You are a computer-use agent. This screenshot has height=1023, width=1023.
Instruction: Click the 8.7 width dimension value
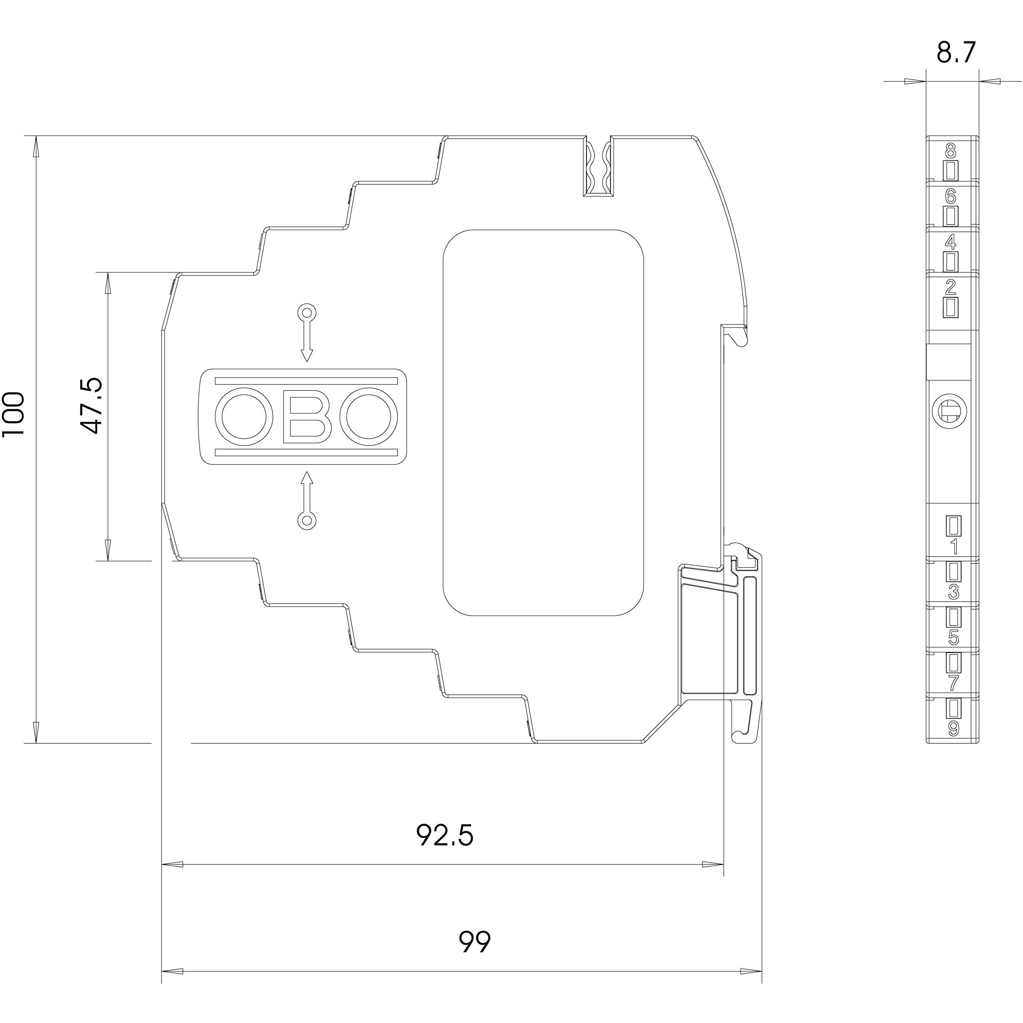click(x=955, y=53)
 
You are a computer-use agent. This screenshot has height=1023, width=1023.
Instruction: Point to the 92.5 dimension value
click(x=445, y=836)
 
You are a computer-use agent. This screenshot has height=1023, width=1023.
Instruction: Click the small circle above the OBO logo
click(x=307, y=312)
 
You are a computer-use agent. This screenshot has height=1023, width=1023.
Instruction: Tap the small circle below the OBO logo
click(x=307, y=521)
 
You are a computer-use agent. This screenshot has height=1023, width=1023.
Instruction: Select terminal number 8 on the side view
click(x=951, y=153)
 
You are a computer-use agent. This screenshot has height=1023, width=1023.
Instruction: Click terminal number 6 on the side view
click(x=951, y=197)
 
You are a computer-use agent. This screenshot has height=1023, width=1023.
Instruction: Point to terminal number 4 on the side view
click(x=951, y=243)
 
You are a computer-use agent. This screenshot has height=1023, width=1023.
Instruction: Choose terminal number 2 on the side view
click(x=951, y=288)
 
